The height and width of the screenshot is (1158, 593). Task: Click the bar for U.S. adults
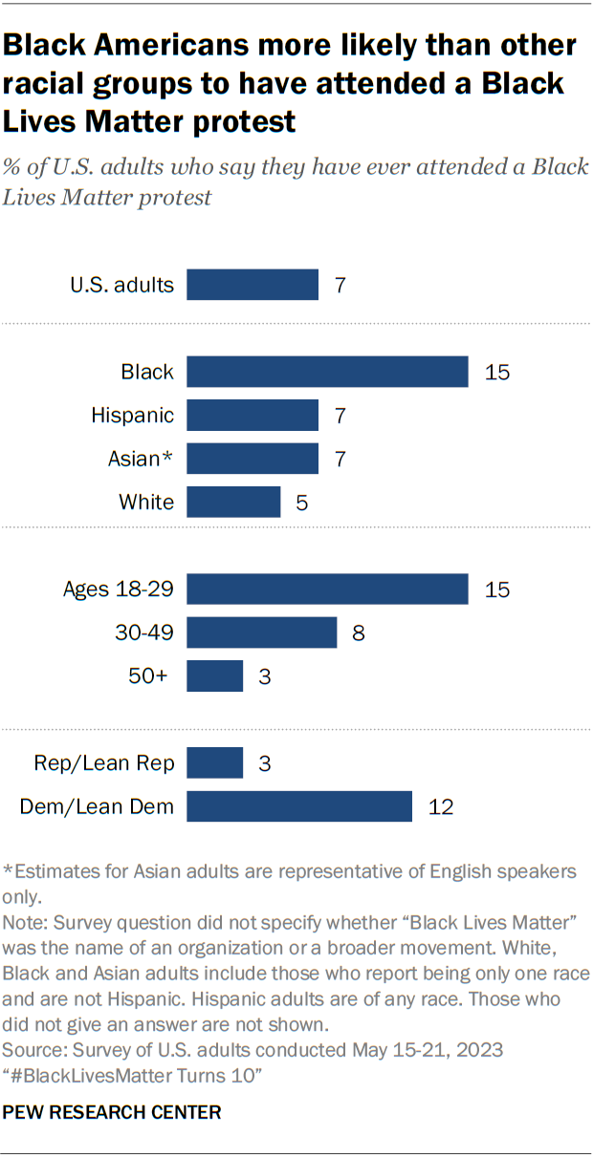pos(253,285)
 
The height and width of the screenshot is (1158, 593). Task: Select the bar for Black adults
pos(327,372)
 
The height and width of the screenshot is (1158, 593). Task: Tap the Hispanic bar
pos(253,416)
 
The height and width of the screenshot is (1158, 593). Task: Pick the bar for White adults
pos(233,502)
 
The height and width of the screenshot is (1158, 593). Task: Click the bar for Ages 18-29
pos(327,589)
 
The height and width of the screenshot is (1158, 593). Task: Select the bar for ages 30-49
pos(261,633)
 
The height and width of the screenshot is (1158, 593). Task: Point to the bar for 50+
pos(214,676)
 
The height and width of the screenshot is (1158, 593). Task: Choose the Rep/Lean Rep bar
pos(214,763)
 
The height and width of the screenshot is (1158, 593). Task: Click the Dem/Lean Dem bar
pos(298,806)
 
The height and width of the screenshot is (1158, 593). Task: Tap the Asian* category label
pos(141,459)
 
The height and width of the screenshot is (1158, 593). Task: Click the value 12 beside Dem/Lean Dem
pos(440,807)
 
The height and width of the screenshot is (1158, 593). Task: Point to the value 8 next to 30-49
pos(359,633)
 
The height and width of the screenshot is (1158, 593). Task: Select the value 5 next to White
pos(302,502)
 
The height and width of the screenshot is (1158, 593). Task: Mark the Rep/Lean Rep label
pos(104,763)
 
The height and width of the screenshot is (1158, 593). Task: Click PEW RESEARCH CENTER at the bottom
pos(113,1112)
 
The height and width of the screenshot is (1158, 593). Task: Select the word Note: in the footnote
pos(27,926)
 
